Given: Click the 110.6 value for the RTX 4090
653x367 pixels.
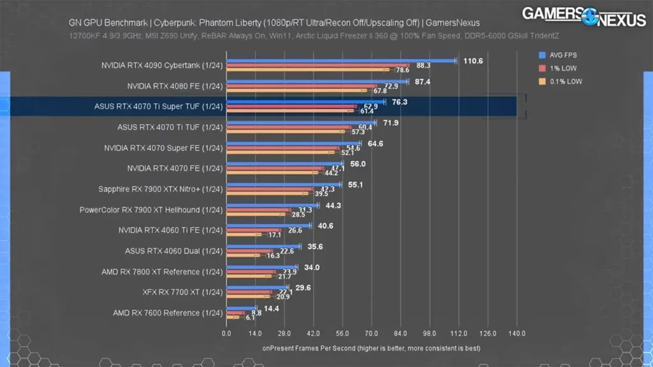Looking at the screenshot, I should coord(473,61).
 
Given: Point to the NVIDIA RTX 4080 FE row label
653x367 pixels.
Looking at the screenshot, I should coord(175,86).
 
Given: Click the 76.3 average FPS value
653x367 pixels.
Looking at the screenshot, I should coord(399,102).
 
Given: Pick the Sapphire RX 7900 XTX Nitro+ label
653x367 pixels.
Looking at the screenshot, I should coord(161,189).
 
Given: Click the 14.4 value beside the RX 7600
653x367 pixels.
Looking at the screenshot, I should coord(272,308).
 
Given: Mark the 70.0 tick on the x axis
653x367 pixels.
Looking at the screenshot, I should coord(371,333).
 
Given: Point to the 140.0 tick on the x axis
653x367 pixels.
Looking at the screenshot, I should coord(517,333).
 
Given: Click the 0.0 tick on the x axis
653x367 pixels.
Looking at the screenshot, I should coord(226,333).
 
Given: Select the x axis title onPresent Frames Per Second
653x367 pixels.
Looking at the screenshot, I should coord(371,349).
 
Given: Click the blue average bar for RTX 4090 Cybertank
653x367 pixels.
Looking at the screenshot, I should coord(341,61).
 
